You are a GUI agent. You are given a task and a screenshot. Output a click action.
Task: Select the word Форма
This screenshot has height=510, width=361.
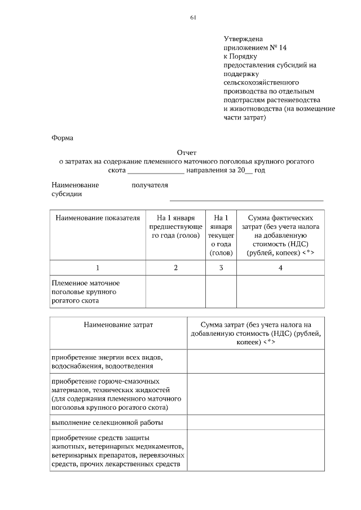click(x=63, y=137)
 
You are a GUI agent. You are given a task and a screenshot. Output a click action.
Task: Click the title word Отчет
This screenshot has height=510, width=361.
click(x=187, y=153)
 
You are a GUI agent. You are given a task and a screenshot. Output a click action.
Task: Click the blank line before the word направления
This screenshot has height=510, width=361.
click(x=156, y=171)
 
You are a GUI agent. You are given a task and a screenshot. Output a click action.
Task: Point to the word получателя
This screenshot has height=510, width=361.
click(x=149, y=185)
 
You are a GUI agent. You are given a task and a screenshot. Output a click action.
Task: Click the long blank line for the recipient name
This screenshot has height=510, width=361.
click(x=246, y=199)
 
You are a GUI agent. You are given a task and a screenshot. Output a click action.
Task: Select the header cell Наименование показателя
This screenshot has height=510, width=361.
click(x=98, y=218)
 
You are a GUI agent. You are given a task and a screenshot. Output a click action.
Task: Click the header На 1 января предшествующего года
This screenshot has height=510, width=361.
click(x=175, y=226)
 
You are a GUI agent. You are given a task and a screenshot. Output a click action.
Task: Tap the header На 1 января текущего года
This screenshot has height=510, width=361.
click(x=221, y=235)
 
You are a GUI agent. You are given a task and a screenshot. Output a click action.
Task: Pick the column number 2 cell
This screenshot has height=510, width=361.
click(x=175, y=268)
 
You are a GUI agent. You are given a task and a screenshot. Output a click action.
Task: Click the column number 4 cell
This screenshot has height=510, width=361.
click(x=280, y=268)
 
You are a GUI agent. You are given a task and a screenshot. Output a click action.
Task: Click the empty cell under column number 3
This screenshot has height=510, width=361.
click(x=221, y=292)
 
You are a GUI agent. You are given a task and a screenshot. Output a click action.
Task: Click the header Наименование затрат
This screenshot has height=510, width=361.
click(x=118, y=325)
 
